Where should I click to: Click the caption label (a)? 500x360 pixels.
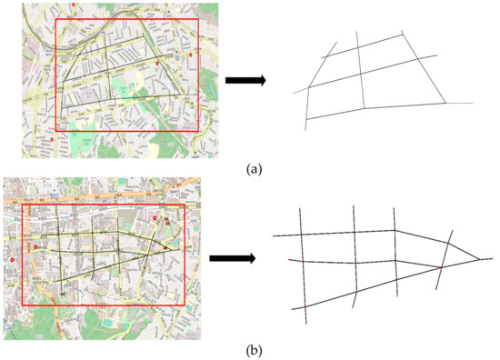point(249,167)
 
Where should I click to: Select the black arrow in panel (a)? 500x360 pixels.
point(244,81)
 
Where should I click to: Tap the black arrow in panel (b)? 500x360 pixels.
point(231,258)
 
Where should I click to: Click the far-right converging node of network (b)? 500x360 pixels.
point(479,258)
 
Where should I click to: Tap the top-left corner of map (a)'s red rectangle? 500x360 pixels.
point(56,18)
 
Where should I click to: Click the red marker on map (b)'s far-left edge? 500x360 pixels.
point(13,260)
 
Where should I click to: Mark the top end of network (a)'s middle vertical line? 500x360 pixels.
point(357,32)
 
